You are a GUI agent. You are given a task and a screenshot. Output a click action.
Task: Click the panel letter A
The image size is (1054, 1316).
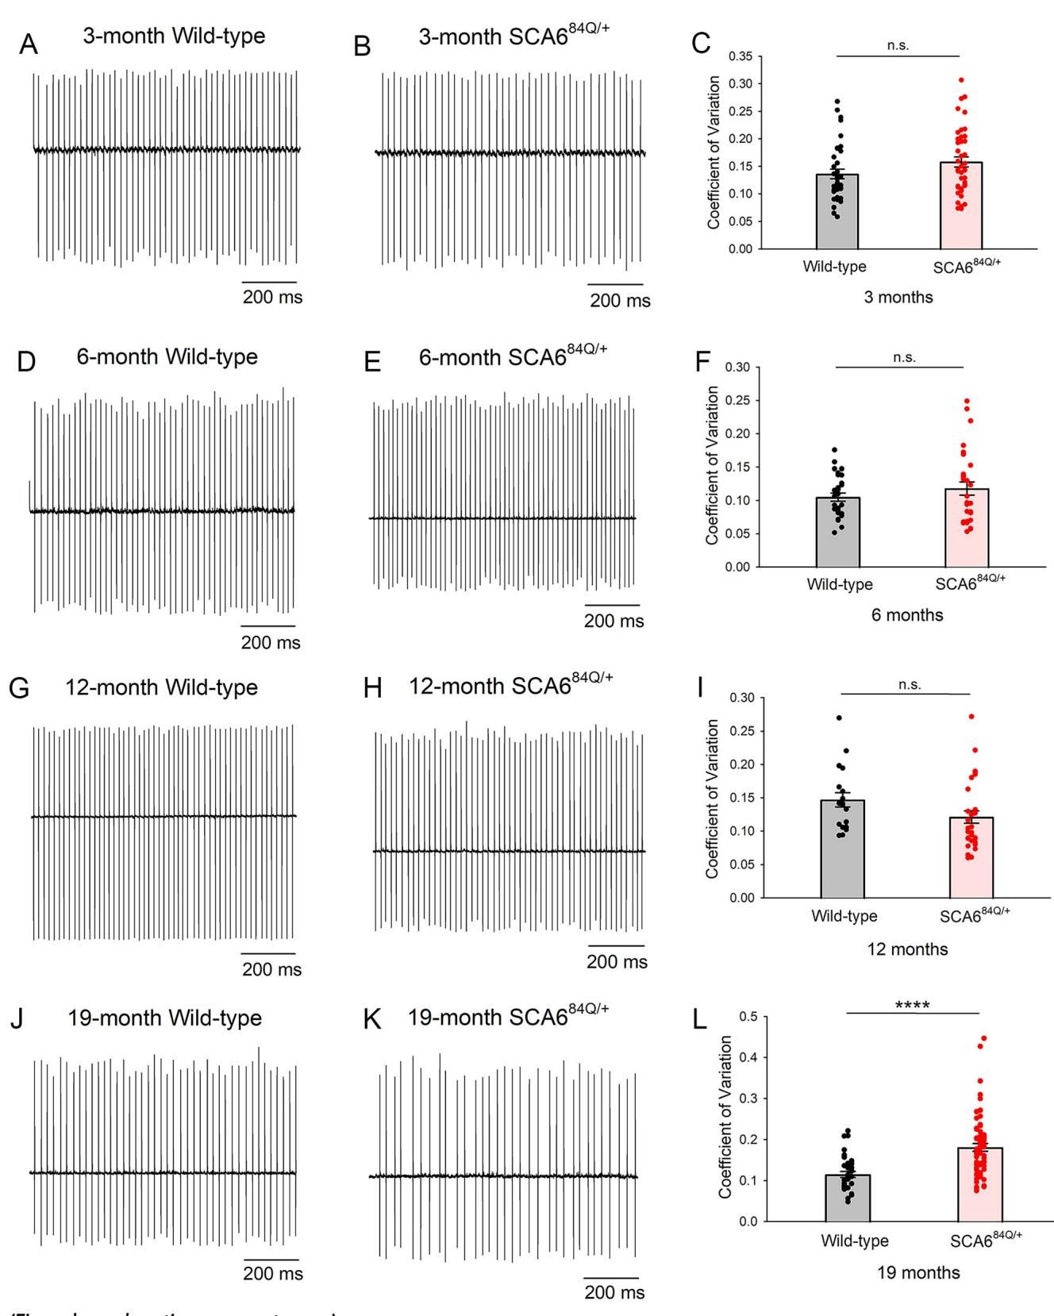click(29, 45)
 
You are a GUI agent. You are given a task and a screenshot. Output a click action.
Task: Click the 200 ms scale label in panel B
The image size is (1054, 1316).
click(619, 301)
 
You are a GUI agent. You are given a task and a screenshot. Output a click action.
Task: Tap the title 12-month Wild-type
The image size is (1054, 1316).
click(162, 687)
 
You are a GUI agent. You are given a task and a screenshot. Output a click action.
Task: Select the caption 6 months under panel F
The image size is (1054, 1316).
click(907, 615)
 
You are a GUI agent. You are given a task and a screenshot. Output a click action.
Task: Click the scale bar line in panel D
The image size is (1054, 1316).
click(268, 626)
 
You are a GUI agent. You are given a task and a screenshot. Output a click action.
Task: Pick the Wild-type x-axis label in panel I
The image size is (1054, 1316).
click(844, 915)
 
